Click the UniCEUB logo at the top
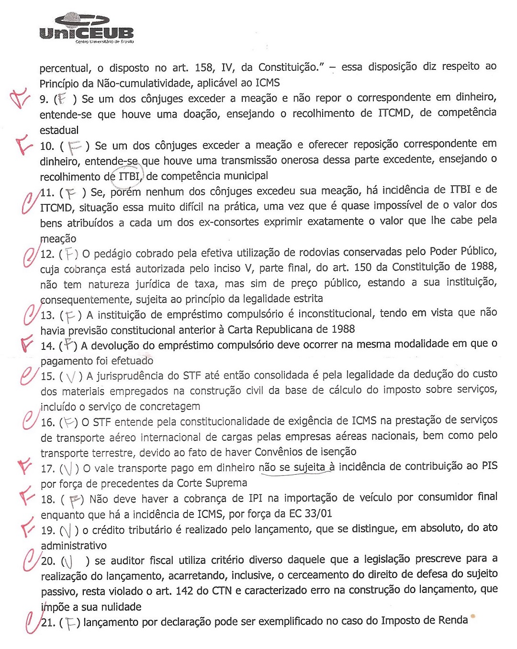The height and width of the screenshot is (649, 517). click(x=87, y=28)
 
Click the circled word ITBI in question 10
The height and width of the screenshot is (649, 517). click(x=129, y=176)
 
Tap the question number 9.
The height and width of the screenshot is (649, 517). click(x=44, y=99)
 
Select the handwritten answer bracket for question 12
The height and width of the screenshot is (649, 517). click(x=70, y=254)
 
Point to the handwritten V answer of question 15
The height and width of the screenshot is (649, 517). click(x=71, y=377)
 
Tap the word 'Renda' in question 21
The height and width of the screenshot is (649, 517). click(x=452, y=620)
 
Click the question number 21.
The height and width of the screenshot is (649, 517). click(x=48, y=623)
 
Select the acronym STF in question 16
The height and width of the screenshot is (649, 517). click(x=101, y=422)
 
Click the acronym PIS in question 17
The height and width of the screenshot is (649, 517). click(x=489, y=466)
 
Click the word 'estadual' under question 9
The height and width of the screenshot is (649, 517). click(x=59, y=130)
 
